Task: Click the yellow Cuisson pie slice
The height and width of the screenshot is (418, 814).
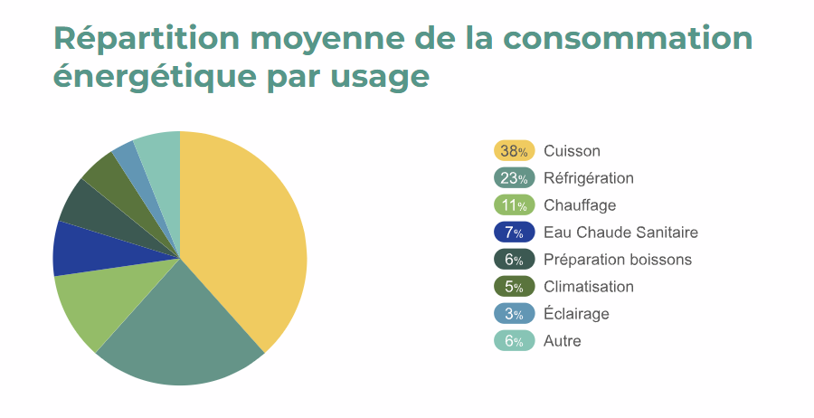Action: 249,235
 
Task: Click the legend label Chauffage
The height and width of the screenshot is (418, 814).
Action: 580,205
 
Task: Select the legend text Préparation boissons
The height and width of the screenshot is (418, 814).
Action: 618,260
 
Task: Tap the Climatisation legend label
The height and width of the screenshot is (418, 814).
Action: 589,287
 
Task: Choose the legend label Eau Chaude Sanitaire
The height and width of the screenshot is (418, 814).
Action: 620,233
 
